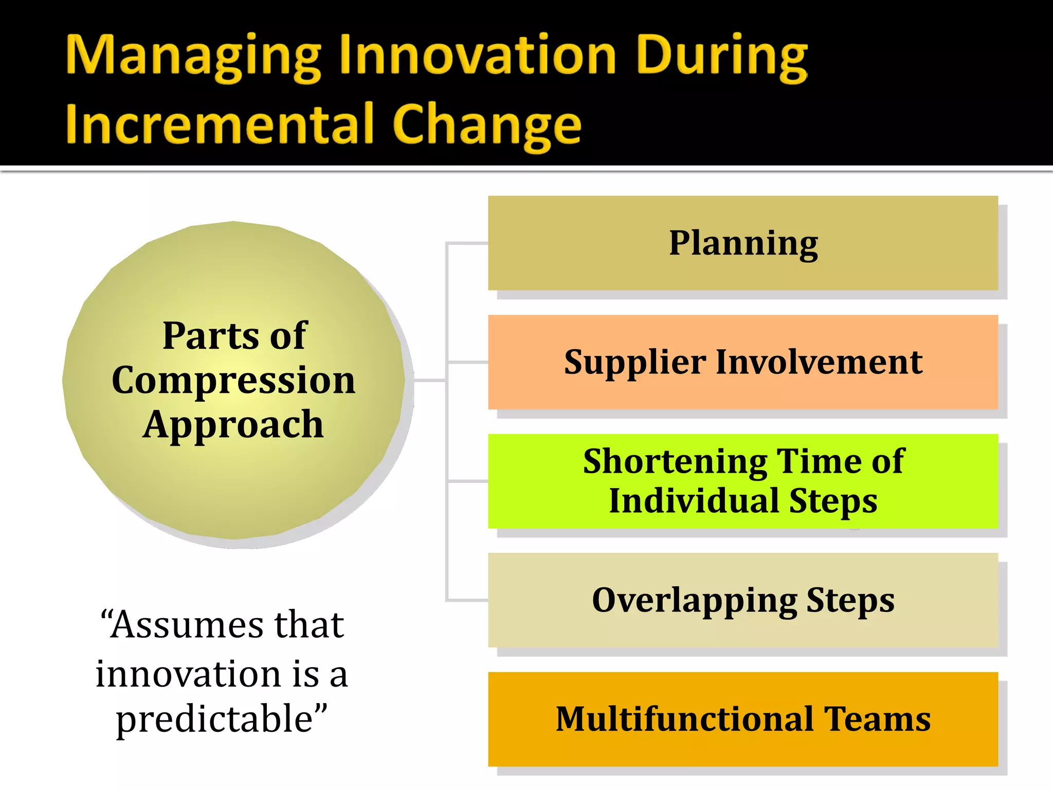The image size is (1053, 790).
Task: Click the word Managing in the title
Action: (x=193, y=57)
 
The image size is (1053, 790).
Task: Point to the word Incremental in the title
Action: (x=219, y=124)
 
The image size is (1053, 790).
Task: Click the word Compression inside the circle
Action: (x=233, y=381)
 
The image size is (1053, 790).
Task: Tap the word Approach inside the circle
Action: (x=233, y=425)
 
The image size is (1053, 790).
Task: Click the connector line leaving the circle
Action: (x=429, y=381)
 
